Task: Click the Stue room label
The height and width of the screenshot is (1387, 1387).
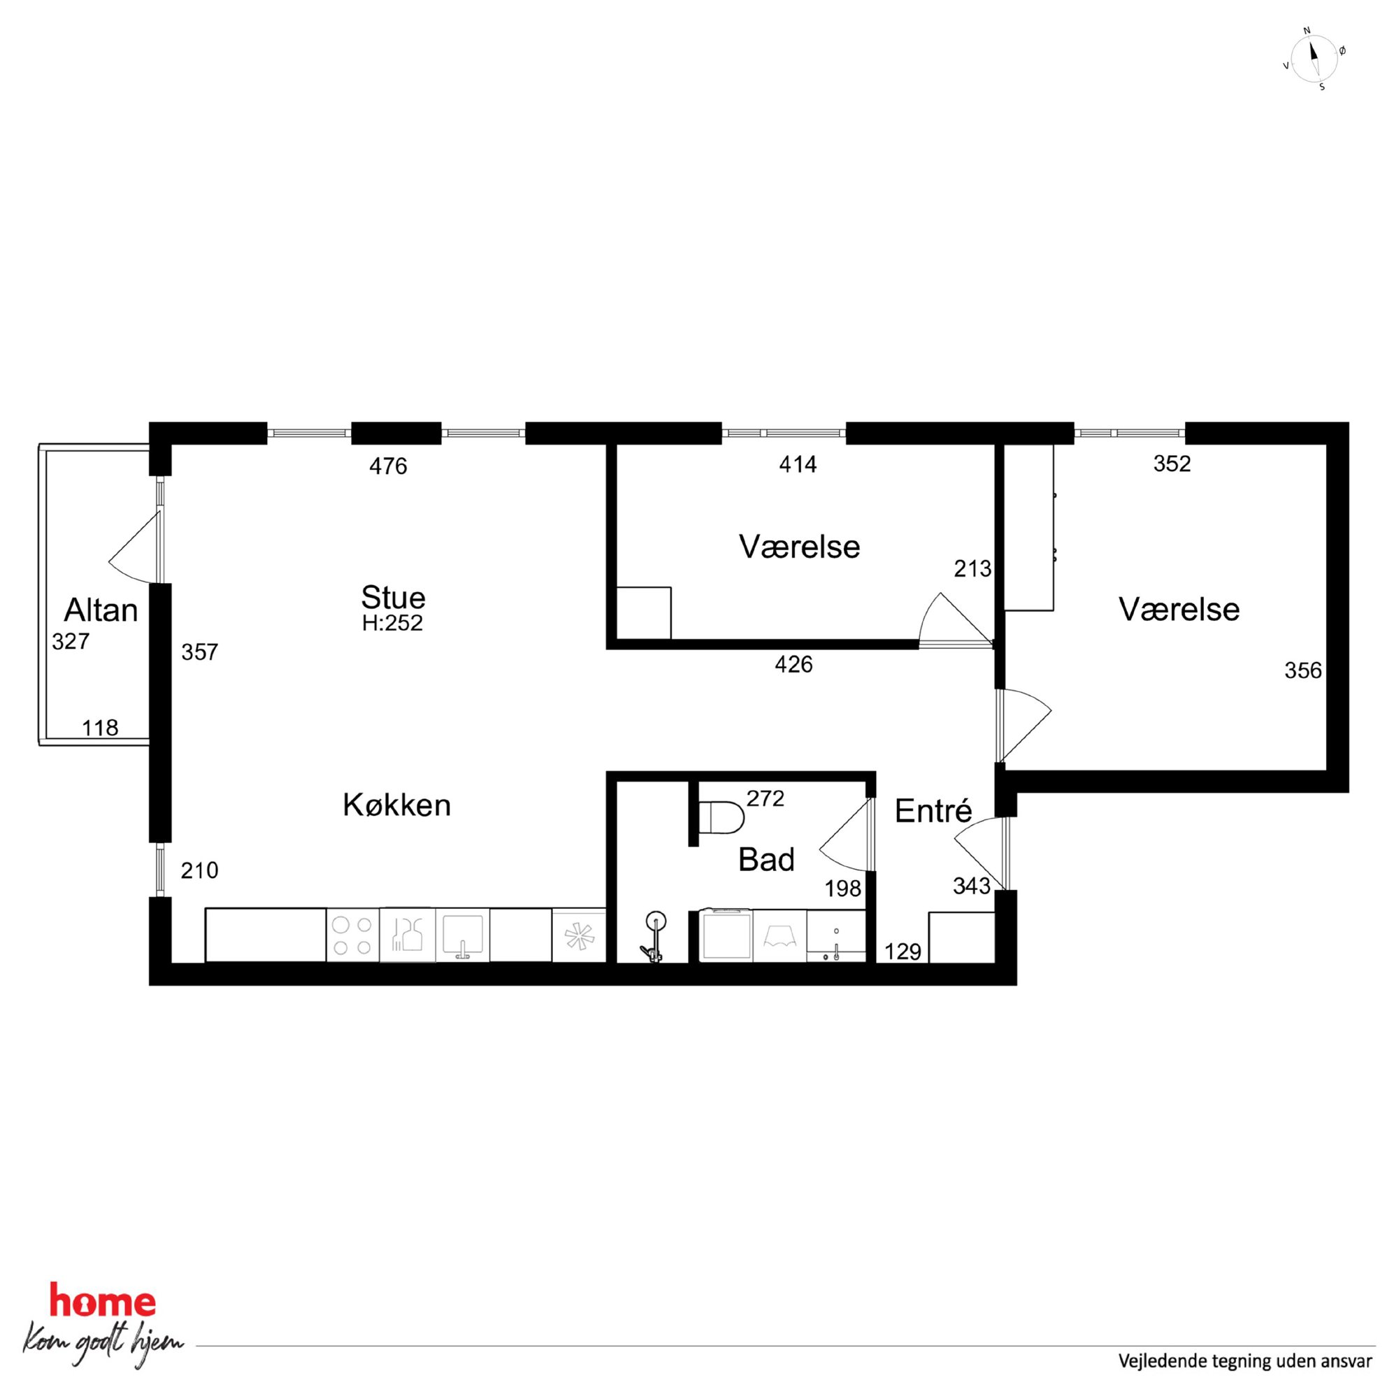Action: point(393,597)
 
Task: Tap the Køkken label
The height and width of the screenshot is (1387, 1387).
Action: point(396,805)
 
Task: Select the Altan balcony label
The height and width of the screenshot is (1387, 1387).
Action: point(101,610)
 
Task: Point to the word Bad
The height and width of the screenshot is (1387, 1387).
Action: point(766,859)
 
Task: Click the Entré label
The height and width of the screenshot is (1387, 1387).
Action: point(933,811)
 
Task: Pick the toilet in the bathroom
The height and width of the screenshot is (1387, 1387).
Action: point(721,818)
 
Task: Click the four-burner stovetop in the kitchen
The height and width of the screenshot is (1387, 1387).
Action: point(352,935)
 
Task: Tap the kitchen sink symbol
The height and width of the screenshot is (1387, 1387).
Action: point(462,935)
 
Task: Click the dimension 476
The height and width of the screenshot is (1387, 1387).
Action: point(388,466)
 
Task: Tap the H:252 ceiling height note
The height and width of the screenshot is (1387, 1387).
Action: point(392,622)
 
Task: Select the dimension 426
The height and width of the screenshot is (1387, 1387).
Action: point(793,665)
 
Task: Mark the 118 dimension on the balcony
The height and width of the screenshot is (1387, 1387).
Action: point(100,728)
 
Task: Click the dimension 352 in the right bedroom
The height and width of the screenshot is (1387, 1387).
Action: point(1172,463)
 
